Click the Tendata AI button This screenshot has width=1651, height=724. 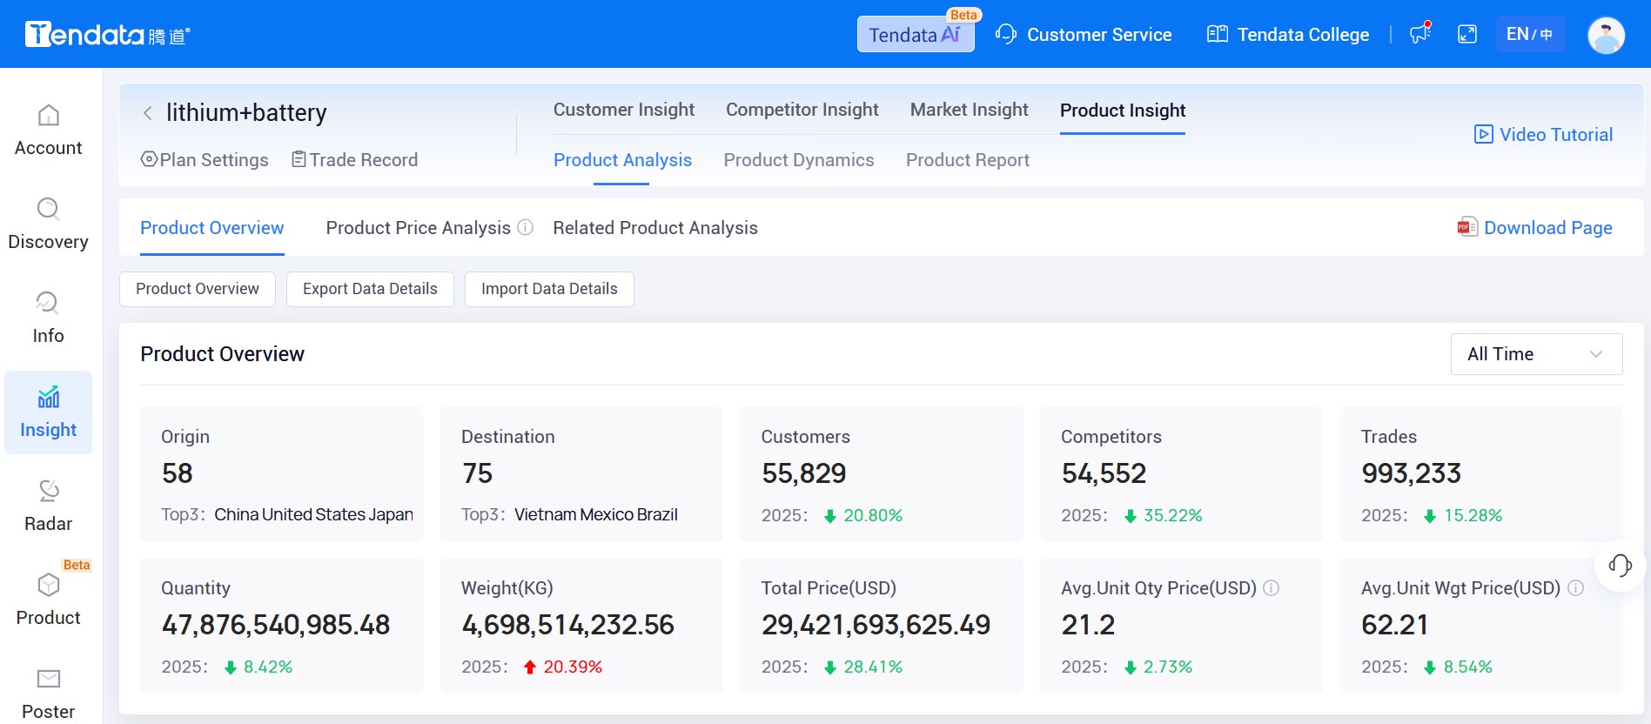click(915, 35)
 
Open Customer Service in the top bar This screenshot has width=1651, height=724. click(1084, 35)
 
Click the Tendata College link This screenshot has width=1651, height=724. click(1288, 35)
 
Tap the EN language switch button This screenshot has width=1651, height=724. click(1529, 35)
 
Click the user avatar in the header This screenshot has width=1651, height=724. click(1606, 36)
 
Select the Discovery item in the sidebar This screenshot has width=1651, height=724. click(48, 224)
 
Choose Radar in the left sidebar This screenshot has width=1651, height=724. click(48, 506)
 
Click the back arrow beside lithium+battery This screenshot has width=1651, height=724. click(148, 113)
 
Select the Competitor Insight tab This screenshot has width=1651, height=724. click(802, 110)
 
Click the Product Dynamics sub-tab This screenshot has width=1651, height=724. click(798, 160)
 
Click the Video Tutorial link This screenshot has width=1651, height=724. click(1543, 135)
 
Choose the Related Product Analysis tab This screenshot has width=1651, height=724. click(654, 228)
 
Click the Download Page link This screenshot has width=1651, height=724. click(1535, 228)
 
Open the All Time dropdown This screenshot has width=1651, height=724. click(1535, 354)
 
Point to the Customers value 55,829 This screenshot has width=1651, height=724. click(803, 473)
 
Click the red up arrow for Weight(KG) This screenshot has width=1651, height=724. click(529, 667)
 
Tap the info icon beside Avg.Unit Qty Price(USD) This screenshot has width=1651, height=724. click(1271, 588)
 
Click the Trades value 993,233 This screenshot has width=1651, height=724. click(1411, 473)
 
